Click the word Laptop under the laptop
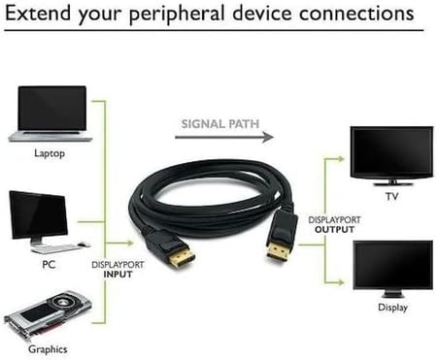coord(50,153)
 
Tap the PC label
coord(49,265)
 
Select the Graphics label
coord(48,349)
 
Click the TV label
coord(391,196)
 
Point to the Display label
coord(392,308)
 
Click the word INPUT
coord(118,275)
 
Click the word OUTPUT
coord(334,230)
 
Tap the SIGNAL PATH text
coord(220,124)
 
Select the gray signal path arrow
coord(224,137)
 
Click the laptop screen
coord(52,109)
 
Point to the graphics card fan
coord(66,303)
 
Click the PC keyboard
coord(55,249)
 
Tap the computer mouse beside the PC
coord(84,245)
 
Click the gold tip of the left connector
coord(182,257)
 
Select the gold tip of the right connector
coord(277,251)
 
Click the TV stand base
coord(392,183)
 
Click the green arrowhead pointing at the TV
coord(340,159)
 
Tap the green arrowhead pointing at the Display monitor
coord(340,282)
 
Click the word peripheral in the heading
coord(177,14)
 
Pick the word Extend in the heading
coord(38,13)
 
